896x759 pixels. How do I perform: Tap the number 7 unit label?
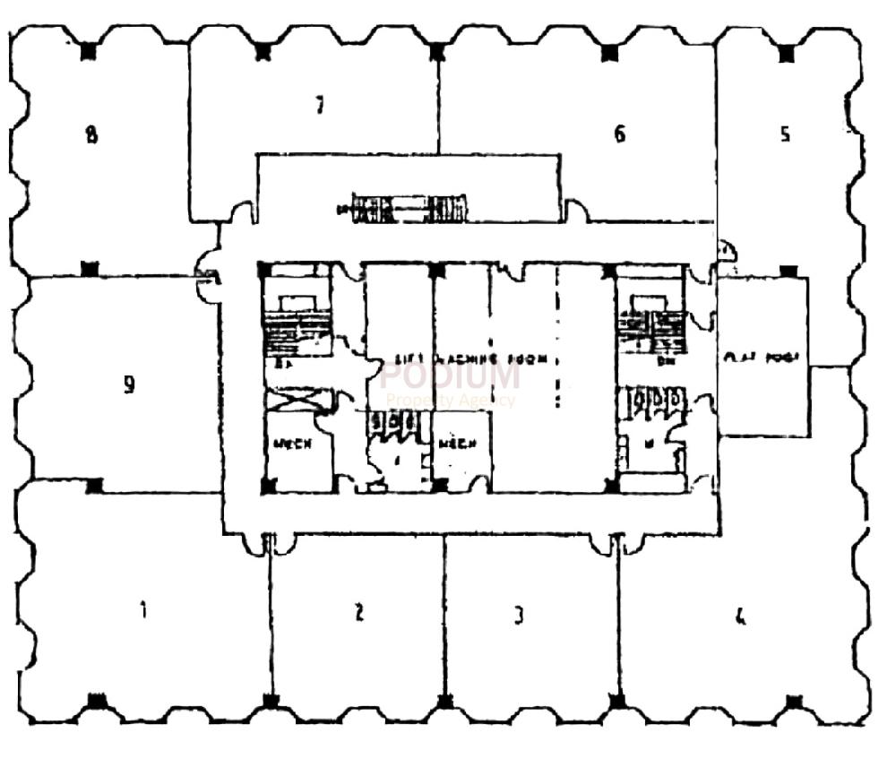[x=318, y=106]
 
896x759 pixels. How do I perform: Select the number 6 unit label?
[x=619, y=134]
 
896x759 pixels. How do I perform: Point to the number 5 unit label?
[x=785, y=135]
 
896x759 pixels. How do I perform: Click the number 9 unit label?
[x=129, y=384]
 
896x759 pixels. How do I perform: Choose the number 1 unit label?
[x=142, y=611]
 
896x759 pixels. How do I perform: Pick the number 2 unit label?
[x=358, y=613]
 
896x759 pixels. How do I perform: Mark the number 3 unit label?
[x=518, y=616]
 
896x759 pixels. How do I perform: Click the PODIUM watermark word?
[x=450, y=375]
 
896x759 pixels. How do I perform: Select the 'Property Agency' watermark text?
[x=450, y=401]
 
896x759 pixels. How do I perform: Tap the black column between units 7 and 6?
[x=436, y=52]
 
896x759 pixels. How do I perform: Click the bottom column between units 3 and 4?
[x=617, y=701]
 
